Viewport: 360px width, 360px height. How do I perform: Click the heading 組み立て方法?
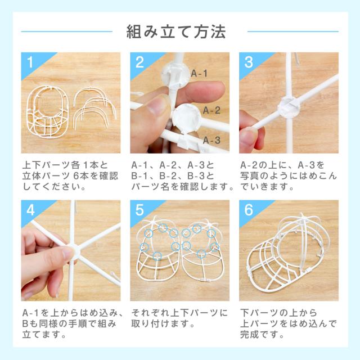click(x=176, y=31)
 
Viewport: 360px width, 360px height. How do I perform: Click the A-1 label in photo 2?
click(x=199, y=74)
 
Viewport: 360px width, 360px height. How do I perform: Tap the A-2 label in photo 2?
click(x=211, y=110)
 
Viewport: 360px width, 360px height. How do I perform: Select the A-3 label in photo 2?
click(x=211, y=140)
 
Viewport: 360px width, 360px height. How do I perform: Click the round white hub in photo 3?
click(x=289, y=107)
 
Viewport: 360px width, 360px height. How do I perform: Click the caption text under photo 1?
click(x=70, y=176)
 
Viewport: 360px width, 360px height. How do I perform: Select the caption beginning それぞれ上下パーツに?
click(x=179, y=318)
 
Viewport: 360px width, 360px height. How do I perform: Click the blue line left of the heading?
click(x=67, y=31)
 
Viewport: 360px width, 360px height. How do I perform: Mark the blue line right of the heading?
click(x=293, y=31)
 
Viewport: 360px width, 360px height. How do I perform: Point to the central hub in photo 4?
click(x=74, y=251)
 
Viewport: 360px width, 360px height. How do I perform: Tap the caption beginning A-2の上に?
click(x=289, y=176)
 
